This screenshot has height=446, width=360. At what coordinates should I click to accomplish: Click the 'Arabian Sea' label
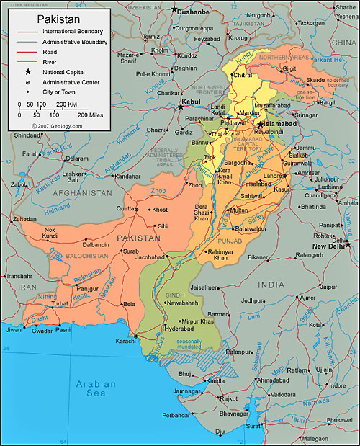pos(96,390)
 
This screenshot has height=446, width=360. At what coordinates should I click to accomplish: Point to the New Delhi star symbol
pos(348,244)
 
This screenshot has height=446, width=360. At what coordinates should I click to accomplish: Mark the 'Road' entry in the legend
pos(50,52)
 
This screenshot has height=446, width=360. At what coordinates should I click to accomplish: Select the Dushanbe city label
pos(192,12)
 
